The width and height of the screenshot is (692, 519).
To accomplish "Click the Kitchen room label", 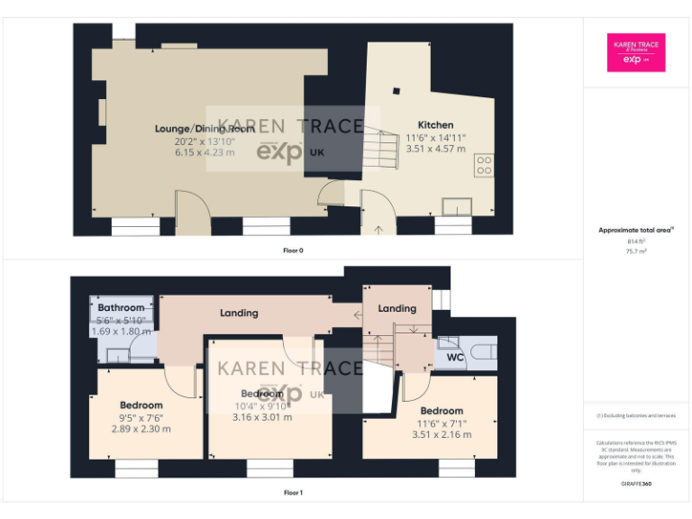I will pos(435,124).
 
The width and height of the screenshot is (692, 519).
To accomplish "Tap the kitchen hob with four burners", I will pos(483,165).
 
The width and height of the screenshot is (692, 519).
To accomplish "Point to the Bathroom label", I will pos(121,308).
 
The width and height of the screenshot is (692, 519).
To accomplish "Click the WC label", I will pos(456,358).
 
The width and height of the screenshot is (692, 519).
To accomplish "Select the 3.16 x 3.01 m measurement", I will pos(262,417).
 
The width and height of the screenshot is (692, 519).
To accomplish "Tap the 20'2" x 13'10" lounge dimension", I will pos(204,141).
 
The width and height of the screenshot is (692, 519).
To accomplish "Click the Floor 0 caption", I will pos(293,250).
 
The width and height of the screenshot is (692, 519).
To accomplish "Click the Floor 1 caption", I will pos(293,493).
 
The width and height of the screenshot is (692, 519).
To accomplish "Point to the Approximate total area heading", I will pos(636,231).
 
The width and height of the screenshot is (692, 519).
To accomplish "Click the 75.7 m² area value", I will pos(636,251).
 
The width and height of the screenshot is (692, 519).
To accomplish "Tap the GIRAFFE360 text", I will pos(636,484).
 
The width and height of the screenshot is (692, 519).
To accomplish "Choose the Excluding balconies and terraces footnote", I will pos(636,415).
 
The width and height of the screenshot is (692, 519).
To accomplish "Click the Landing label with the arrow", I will pos(239,313).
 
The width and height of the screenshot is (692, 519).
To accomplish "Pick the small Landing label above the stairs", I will pos(396,308).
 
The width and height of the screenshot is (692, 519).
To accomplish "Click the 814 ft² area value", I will pos(636,241).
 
